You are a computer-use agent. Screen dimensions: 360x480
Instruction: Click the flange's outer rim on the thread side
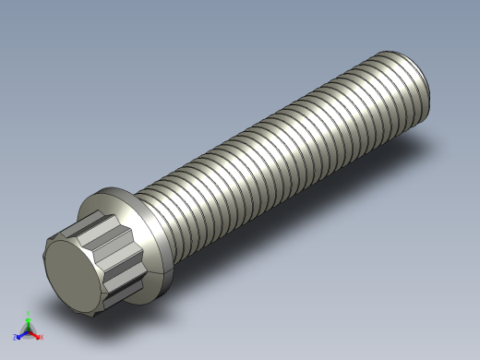[164, 245]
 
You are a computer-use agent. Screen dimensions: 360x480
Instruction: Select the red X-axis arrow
[35, 333]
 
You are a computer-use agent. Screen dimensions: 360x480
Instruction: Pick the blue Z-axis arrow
[21, 334]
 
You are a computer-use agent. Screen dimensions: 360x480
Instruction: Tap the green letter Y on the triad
[29, 312]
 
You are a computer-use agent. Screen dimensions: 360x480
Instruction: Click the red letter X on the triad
[41, 337]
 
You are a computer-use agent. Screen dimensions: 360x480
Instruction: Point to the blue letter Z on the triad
[16, 338]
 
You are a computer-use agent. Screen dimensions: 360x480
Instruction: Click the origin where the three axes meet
[28, 330]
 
